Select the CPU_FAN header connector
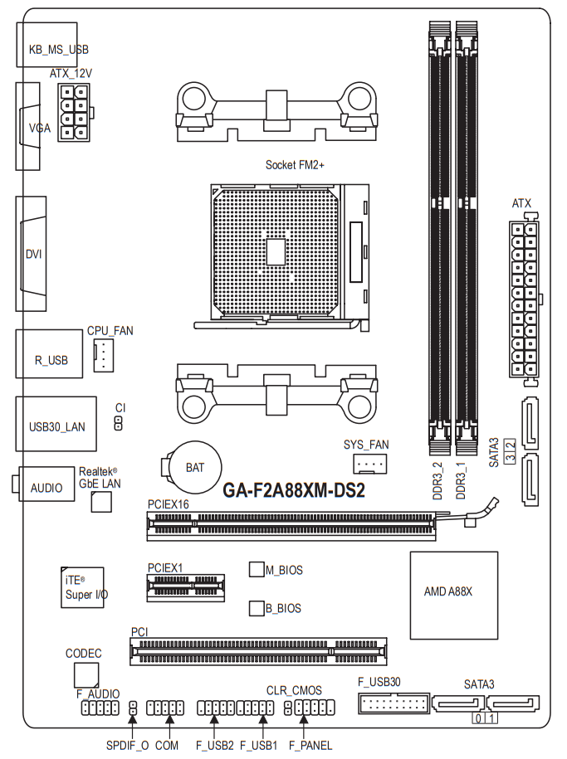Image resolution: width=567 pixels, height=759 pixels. [x=103, y=355]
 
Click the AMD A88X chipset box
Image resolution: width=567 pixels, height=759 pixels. [x=454, y=596]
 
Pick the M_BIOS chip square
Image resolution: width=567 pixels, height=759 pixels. [x=257, y=569]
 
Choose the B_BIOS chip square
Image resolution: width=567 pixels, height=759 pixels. [x=257, y=609]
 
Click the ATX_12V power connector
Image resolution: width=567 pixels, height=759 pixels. [x=74, y=112]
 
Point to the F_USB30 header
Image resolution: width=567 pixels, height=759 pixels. [x=394, y=703]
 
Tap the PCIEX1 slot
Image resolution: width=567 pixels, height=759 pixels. [x=186, y=587]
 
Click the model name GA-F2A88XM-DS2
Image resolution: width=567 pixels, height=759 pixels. [x=294, y=490]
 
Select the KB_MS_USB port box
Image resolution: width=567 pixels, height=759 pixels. [x=47, y=45]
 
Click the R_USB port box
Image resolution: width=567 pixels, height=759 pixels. [x=49, y=354]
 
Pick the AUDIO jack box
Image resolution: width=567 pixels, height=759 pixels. [x=46, y=484]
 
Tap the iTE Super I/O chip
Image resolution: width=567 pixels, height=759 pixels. [x=82, y=587]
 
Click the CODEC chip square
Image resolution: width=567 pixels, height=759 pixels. [x=86, y=674]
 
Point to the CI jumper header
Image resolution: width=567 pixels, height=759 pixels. [x=118, y=424]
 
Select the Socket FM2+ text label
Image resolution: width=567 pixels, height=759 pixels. [x=295, y=165]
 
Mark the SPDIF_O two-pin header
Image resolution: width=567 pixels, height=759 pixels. [x=132, y=708]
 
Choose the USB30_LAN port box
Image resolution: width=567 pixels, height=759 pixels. [x=56, y=424]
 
